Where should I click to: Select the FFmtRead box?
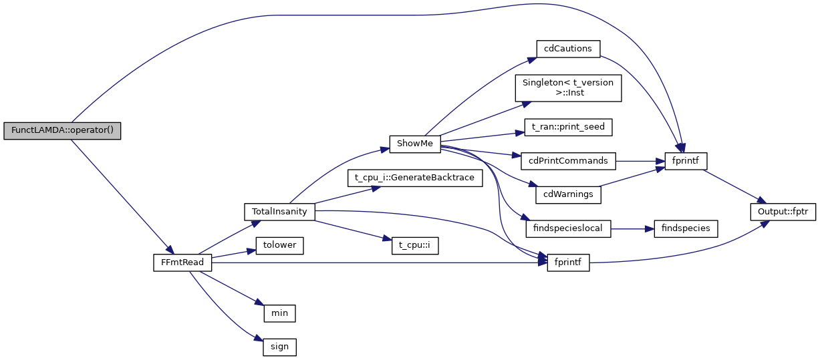pyautogui.click(x=182, y=262)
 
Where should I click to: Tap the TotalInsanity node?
pyautogui.click(x=279, y=212)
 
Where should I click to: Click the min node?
pyautogui.click(x=279, y=313)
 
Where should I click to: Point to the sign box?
pyautogui.click(x=279, y=347)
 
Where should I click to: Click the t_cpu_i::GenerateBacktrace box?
pyautogui.click(x=415, y=178)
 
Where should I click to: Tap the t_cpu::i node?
pyautogui.click(x=415, y=245)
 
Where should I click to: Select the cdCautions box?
pyautogui.click(x=568, y=49)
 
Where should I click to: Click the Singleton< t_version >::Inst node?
pyautogui.click(x=568, y=87)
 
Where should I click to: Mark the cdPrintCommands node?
pyautogui.click(x=568, y=161)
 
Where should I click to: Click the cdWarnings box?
pyautogui.click(x=568, y=194)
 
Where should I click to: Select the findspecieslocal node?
pyautogui.click(x=568, y=228)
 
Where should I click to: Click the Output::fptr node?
pyautogui.click(x=783, y=212)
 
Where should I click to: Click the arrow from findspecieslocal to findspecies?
pyautogui.click(x=632, y=228)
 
